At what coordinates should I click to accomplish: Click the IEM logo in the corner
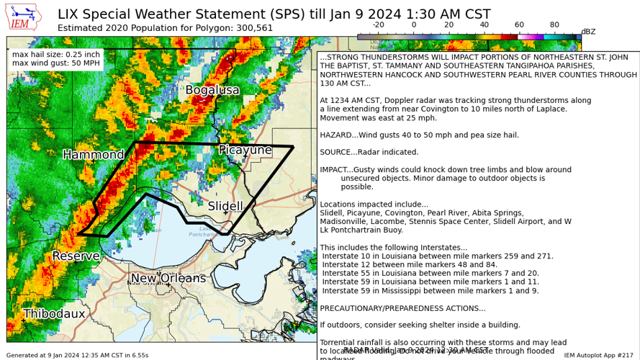click(23, 17)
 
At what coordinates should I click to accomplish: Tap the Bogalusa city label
click(212, 90)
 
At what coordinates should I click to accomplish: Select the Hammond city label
click(93, 155)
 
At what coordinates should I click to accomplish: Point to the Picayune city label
click(245, 150)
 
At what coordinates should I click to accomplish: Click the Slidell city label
click(225, 207)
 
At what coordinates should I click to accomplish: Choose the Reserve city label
click(76, 256)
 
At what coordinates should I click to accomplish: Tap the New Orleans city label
click(168, 279)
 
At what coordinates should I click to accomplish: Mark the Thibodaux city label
click(54, 314)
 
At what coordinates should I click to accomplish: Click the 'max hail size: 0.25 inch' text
click(56, 55)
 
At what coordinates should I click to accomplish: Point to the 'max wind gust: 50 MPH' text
click(56, 64)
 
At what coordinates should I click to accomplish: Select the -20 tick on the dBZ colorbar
click(379, 24)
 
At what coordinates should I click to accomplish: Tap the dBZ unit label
click(588, 32)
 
